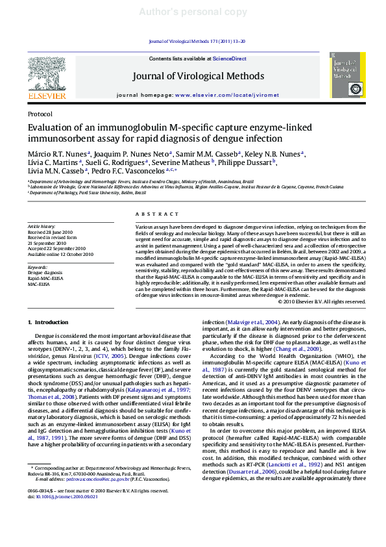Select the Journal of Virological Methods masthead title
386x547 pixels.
click(x=198, y=76)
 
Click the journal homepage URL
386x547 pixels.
click(x=226, y=95)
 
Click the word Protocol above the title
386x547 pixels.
click(x=40, y=114)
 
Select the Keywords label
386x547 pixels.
click(x=38, y=267)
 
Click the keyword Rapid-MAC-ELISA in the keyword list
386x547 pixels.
click(x=45, y=278)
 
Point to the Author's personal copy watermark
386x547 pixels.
click(x=193, y=12)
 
